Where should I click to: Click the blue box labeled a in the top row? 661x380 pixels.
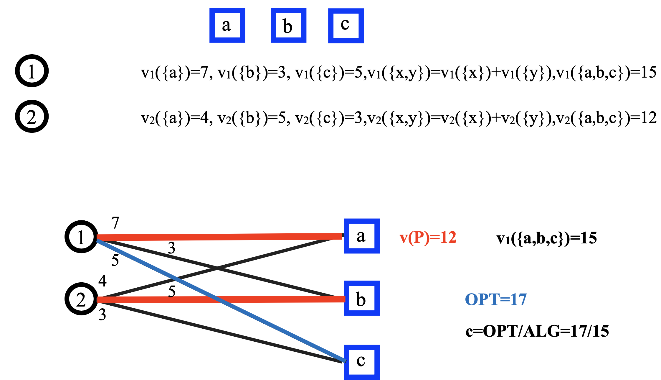point(227,25)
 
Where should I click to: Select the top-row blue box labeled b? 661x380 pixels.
point(288,25)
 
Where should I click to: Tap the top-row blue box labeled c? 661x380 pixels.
point(346,26)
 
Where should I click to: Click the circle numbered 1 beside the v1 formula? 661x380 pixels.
point(32,71)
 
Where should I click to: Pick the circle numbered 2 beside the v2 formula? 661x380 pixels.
point(32,116)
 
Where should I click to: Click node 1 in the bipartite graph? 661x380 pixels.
point(81,237)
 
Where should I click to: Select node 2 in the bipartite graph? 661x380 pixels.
point(81,299)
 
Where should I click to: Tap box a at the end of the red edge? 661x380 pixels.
point(362,236)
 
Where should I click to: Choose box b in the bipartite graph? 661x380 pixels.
point(362,298)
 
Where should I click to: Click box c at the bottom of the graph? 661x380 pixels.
point(362,362)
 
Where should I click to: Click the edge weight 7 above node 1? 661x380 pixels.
point(115,223)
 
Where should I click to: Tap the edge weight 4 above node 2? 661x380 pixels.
point(103,281)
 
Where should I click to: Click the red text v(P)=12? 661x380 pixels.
point(428,237)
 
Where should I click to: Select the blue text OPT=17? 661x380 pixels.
point(496,299)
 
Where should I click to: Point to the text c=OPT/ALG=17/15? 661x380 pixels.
point(537,331)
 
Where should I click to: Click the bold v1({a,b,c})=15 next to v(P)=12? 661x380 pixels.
point(546,238)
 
